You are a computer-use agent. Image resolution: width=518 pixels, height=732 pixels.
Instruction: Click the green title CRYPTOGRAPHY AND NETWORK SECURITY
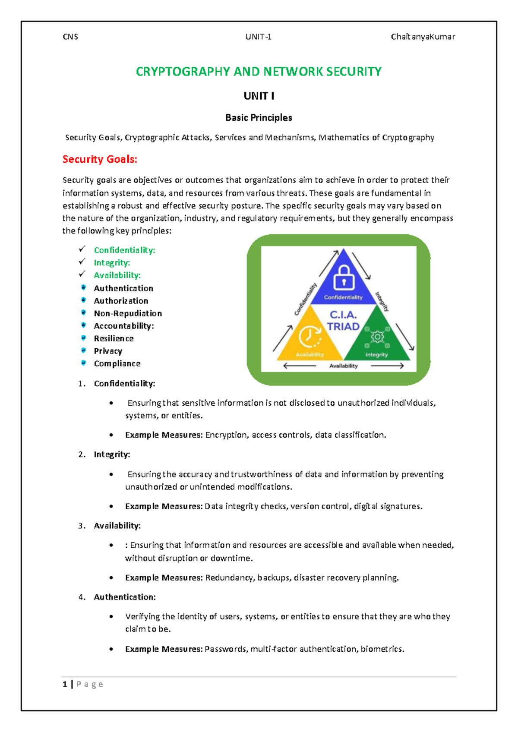[x=259, y=72]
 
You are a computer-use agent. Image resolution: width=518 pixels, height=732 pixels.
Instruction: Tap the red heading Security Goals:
[x=100, y=159]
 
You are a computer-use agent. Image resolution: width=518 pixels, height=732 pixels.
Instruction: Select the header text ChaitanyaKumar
[x=423, y=37]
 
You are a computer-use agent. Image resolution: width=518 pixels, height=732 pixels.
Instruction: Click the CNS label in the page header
[x=70, y=37]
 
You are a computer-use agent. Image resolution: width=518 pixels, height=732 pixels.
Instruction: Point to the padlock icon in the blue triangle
[x=344, y=278]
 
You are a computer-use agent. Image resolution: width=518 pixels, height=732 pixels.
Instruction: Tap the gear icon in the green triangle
[x=377, y=337]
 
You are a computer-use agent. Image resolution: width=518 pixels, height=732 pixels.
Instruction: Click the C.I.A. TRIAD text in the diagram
[x=343, y=321]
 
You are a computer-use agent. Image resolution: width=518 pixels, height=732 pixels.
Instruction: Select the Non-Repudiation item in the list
[x=128, y=313]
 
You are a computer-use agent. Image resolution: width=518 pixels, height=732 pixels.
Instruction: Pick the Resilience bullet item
[x=114, y=338]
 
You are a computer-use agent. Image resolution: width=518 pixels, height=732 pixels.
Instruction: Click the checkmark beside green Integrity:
[x=82, y=262]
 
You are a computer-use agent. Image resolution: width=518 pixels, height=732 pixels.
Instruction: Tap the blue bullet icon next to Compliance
[x=84, y=363]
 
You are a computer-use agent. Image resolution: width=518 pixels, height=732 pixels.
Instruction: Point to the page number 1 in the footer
[x=65, y=684]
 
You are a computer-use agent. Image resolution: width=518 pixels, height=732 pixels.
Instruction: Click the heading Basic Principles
[x=259, y=118]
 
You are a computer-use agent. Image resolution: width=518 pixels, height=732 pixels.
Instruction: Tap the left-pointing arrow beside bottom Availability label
[x=300, y=366]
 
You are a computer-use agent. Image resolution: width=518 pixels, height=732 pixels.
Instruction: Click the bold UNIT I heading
[x=259, y=96]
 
